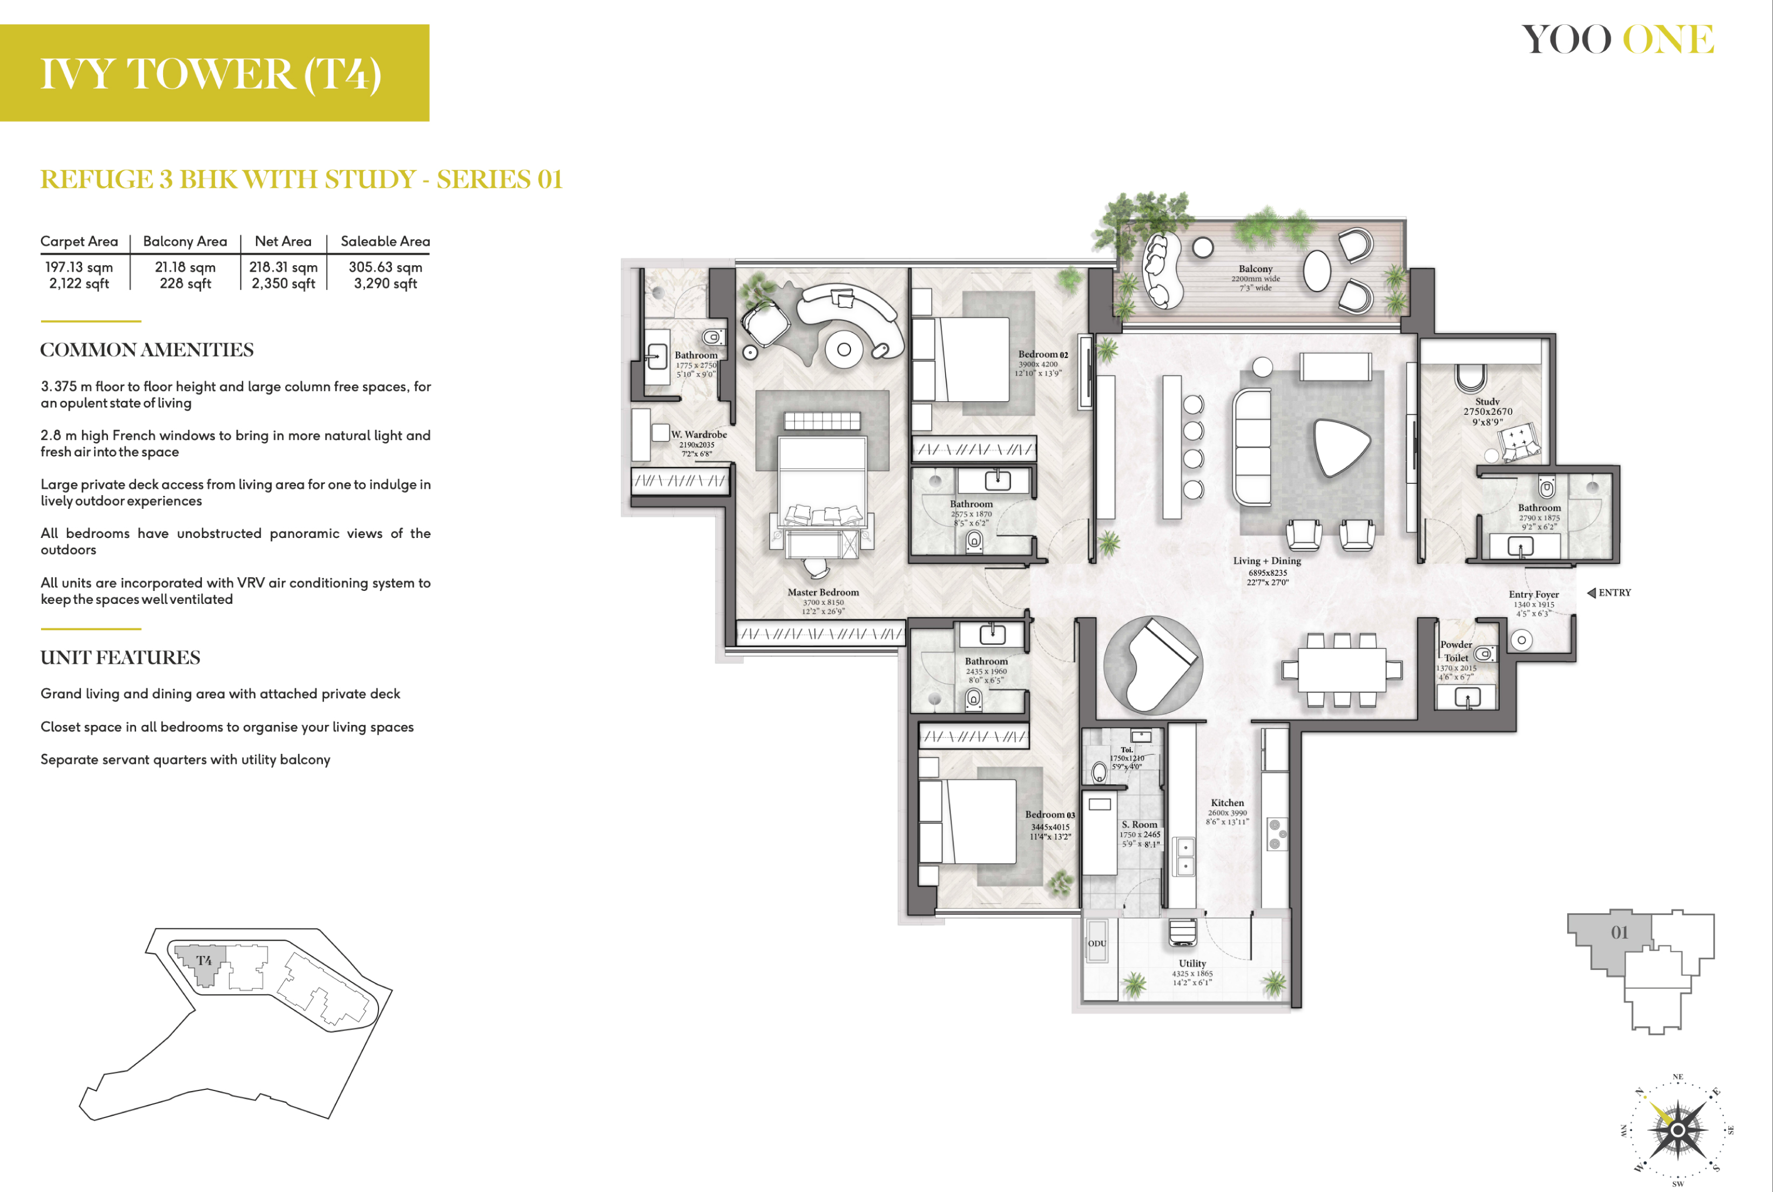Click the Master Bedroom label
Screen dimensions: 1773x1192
pyautogui.click(x=823, y=592)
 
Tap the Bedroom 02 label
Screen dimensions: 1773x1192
pyautogui.click(x=1043, y=354)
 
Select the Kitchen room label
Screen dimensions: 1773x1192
pyautogui.click(x=1228, y=803)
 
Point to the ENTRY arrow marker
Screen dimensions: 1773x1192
pyautogui.click(x=1592, y=593)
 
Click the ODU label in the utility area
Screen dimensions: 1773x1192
pyautogui.click(x=1097, y=944)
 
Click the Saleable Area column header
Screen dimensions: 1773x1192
pyautogui.click(x=385, y=241)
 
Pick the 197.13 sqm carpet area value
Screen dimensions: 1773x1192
pyautogui.click(x=79, y=267)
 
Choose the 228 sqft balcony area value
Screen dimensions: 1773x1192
pyautogui.click(x=185, y=284)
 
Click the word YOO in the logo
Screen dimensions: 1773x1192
pyautogui.click(x=1566, y=39)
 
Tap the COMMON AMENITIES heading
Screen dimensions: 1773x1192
pyautogui.click(x=147, y=349)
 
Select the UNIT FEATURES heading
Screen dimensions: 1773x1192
pyautogui.click(x=120, y=658)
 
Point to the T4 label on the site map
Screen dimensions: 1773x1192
pyautogui.click(x=204, y=960)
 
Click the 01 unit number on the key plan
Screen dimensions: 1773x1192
pyautogui.click(x=1620, y=932)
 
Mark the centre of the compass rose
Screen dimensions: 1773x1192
pyautogui.click(x=1677, y=1130)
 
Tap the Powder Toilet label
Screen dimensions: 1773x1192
pyautogui.click(x=1456, y=651)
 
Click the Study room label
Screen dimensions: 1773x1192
pyautogui.click(x=1487, y=401)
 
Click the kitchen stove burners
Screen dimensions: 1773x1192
pyautogui.click(x=1277, y=833)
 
